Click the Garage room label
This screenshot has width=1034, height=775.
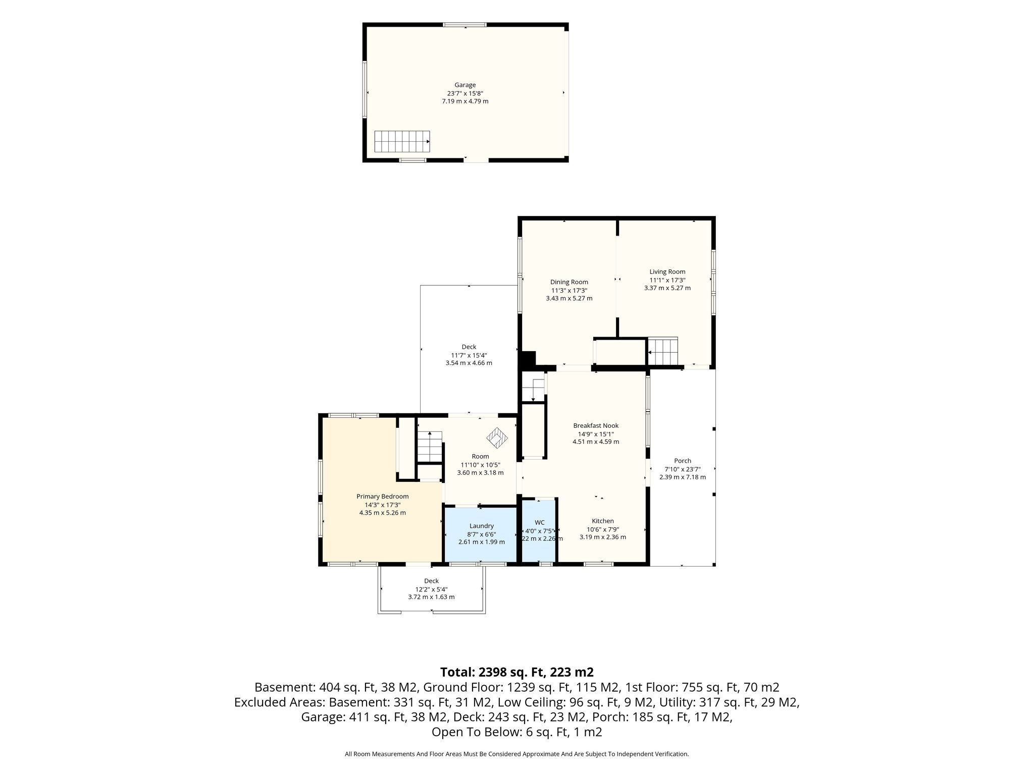click(465, 85)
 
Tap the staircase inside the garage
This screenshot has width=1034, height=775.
click(402, 141)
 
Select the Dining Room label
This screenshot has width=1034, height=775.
click(569, 282)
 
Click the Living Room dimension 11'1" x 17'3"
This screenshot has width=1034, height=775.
click(667, 280)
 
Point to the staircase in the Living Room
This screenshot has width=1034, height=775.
click(663, 352)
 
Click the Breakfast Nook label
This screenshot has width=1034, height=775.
click(596, 425)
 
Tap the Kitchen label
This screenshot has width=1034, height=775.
click(603, 521)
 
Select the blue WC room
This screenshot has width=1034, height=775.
click(539, 530)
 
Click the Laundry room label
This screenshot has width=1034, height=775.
click(481, 526)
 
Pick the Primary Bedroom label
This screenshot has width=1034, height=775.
click(382, 496)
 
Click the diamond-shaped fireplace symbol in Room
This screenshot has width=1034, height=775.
click(497, 437)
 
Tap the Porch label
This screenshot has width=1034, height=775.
click(683, 461)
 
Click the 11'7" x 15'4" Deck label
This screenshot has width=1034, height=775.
click(469, 355)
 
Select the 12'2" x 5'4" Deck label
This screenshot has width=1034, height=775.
click(432, 589)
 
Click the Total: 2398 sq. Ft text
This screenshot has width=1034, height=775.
click(493, 672)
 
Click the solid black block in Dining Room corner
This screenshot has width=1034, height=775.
click(528, 359)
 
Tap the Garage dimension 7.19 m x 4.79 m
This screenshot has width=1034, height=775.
click(465, 101)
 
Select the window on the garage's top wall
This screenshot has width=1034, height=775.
click(464, 24)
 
